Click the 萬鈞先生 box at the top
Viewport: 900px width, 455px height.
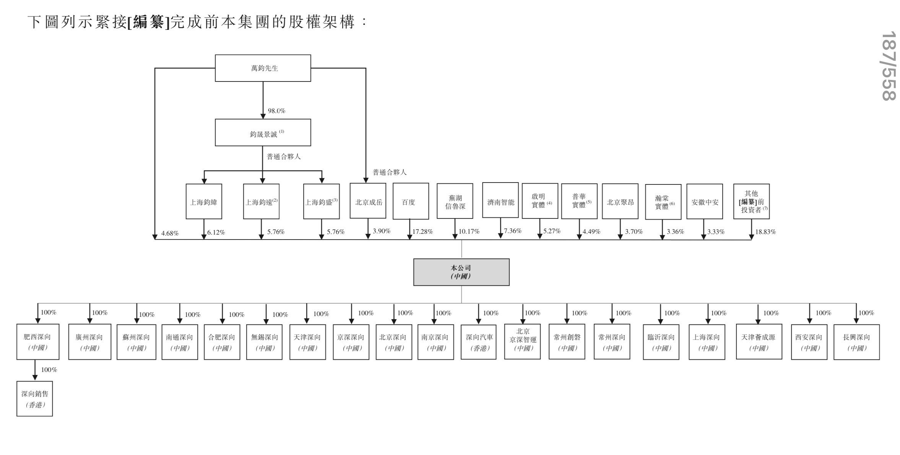(263, 68)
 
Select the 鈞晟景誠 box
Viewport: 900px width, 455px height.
(263, 132)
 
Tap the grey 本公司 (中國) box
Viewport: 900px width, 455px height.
(461, 272)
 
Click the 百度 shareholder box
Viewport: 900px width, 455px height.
(409, 202)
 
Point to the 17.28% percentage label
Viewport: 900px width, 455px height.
(422, 232)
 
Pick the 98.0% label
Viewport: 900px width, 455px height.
(276, 111)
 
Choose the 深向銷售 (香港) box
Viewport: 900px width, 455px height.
(34, 398)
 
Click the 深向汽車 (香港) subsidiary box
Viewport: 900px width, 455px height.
(478, 342)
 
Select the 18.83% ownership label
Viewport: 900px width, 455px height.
(765, 232)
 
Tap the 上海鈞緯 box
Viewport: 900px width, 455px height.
(204, 202)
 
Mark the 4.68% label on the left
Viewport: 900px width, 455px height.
(170, 233)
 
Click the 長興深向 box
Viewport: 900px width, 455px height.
(856, 342)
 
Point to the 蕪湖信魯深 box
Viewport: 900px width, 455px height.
(455, 202)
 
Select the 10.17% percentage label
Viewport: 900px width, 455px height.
(469, 232)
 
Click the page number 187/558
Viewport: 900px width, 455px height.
(889, 65)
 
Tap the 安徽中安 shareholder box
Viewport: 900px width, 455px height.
(704, 202)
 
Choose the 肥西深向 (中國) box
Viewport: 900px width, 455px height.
(37, 342)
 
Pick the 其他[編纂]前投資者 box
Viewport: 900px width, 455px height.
(751, 202)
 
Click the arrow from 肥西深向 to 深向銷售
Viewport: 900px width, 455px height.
(35, 370)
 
